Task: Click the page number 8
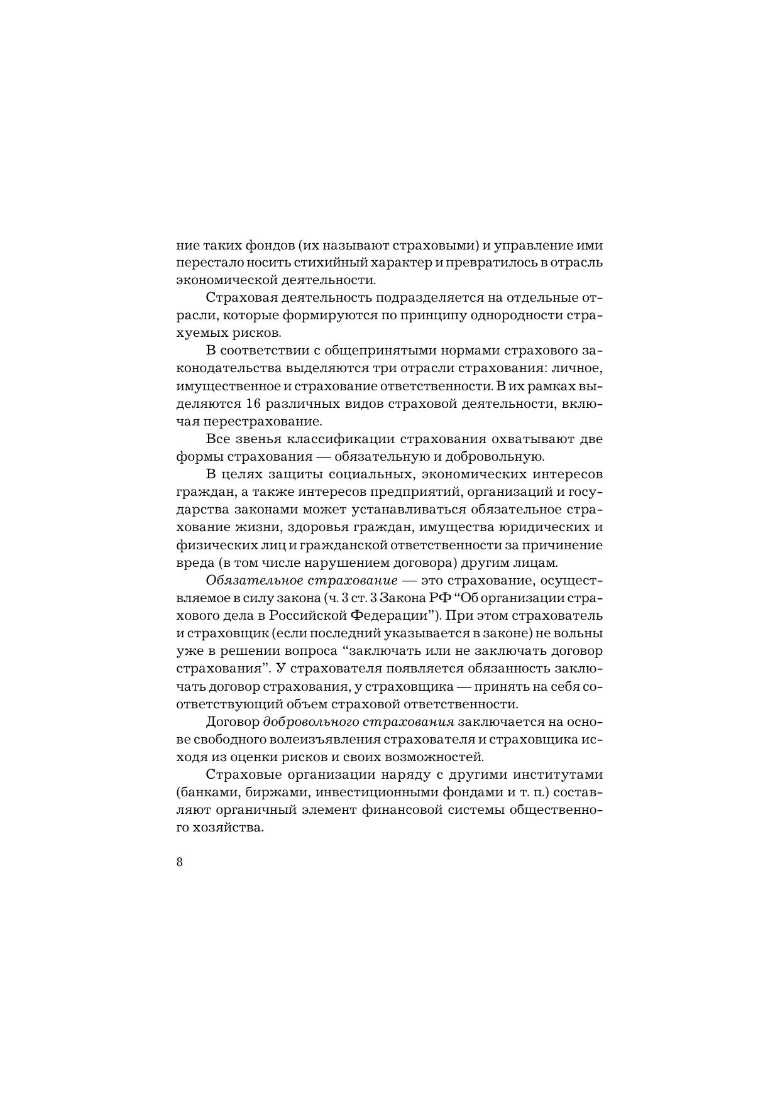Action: click(180, 862)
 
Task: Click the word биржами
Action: click(272, 791)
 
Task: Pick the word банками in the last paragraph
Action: click(210, 791)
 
